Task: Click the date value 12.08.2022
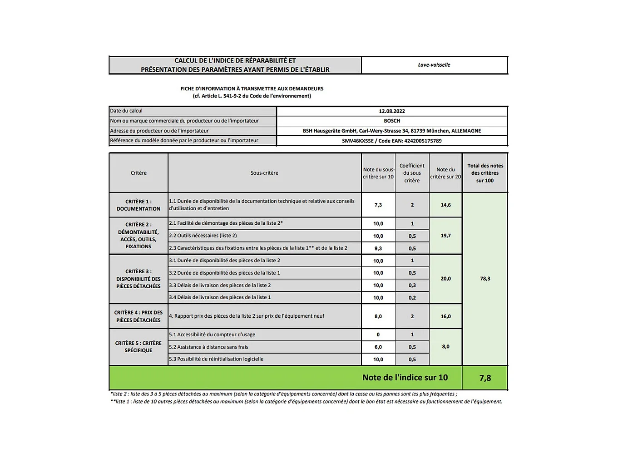pyautogui.click(x=392, y=111)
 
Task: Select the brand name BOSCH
pyautogui.click(x=392, y=121)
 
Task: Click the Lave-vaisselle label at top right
pyautogui.click(x=434, y=65)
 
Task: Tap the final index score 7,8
pyautogui.click(x=485, y=378)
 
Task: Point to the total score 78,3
pyautogui.click(x=485, y=279)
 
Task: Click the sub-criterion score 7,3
pyautogui.click(x=378, y=205)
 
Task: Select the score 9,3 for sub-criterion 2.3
pyautogui.click(x=378, y=248)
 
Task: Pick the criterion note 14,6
pyautogui.click(x=445, y=205)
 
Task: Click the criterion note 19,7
pyautogui.click(x=445, y=236)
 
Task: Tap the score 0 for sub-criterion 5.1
pyautogui.click(x=378, y=335)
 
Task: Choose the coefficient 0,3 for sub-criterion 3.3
pyautogui.click(x=412, y=285)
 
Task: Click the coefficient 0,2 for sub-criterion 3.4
pyautogui.click(x=412, y=298)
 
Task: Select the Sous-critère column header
pyautogui.click(x=264, y=173)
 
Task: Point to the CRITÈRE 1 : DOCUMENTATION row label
pyautogui.click(x=138, y=205)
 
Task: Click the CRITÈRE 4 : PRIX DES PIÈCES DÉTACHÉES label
pyautogui.click(x=138, y=316)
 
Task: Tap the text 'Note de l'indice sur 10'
pyautogui.click(x=405, y=378)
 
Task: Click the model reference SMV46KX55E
pyautogui.click(x=358, y=141)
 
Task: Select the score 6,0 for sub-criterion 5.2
pyautogui.click(x=378, y=347)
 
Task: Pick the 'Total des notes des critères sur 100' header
pyautogui.click(x=485, y=173)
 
